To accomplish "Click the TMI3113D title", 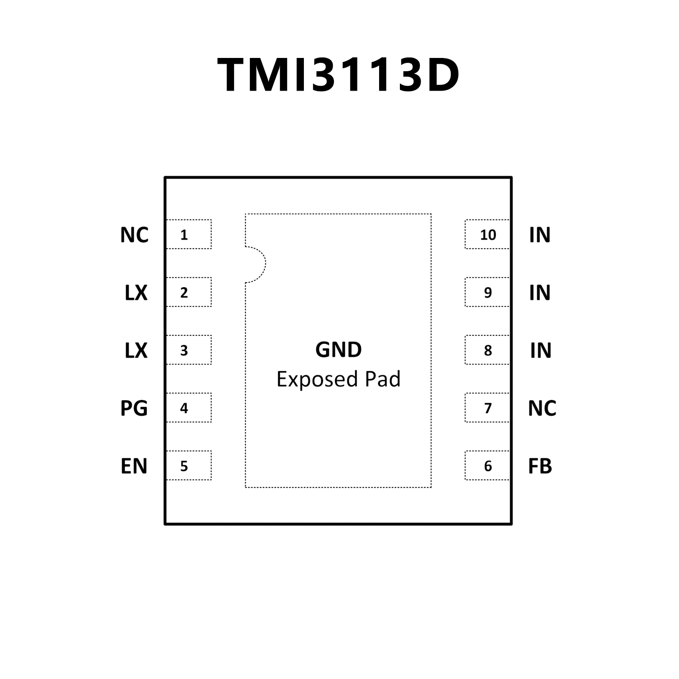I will click(338, 75).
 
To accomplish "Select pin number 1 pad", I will click(188, 234).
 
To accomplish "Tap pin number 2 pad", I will click(188, 292).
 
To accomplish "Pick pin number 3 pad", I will click(188, 350).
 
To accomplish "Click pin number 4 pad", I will click(188, 408).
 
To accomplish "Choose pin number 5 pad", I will click(188, 465).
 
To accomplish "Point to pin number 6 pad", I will click(487, 465).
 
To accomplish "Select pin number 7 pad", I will click(487, 408).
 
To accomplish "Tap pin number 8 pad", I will click(487, 350).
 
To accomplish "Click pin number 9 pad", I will click(487, 292).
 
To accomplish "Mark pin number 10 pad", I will click(487, 234).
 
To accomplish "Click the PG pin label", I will click(134, 408).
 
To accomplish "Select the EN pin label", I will click(134, 466).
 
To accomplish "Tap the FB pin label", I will click(540, 466).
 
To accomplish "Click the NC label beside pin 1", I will click(134, 235).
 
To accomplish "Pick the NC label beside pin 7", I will click(542, 408).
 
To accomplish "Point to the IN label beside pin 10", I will click(540, 235).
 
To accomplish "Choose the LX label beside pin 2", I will click(136, 293).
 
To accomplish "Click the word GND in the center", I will click(338, 350).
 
